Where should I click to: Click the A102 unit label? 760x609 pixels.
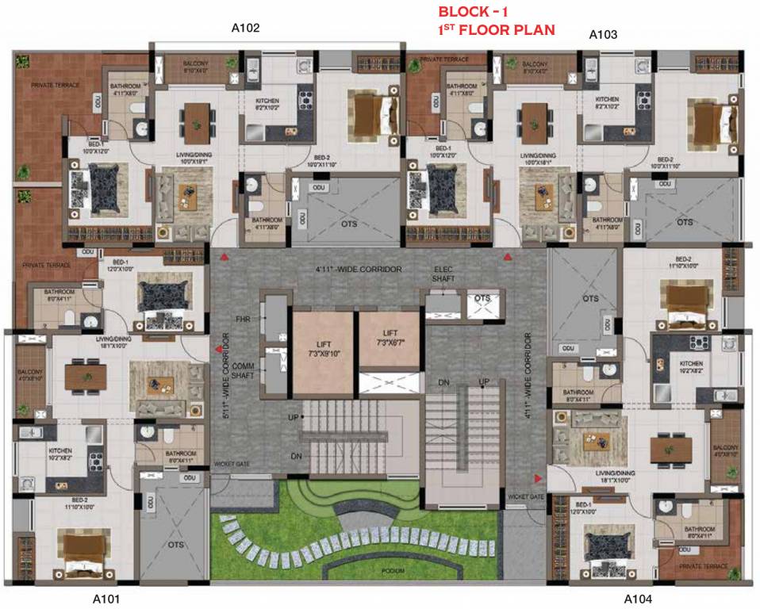click(245, 28)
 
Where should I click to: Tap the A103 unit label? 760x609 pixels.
click(603, 35)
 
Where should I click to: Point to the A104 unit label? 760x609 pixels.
click(638, 599)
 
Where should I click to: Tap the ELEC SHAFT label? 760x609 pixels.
click(443, 274)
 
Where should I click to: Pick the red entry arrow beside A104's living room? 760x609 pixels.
click(539, 478)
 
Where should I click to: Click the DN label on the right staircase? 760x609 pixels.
click(444, 384)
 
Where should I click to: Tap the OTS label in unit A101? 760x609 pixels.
click(175, 546)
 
